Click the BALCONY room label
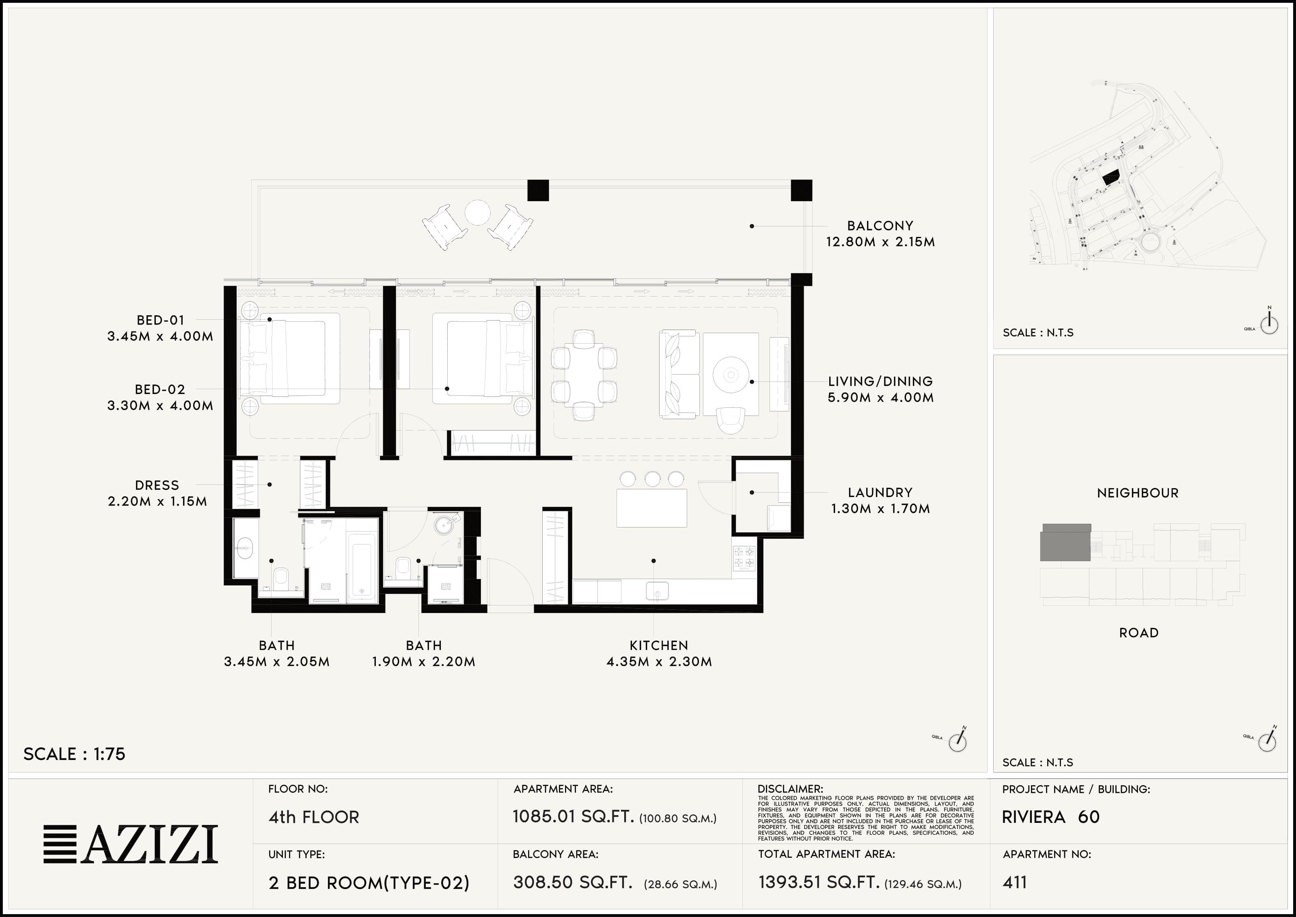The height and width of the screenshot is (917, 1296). (880, 226)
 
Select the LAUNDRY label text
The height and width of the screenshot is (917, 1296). (880, 492)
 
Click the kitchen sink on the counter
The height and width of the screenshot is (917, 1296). (657, 591)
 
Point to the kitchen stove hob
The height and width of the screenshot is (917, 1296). (744, 558)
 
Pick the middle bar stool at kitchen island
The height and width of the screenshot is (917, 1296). (652, 479)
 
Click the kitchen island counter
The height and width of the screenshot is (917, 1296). (652, 508)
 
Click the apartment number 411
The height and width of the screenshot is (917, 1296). (1015, 882)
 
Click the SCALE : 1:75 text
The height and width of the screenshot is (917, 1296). (74, 754)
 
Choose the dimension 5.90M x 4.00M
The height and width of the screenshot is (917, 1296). (880, 398)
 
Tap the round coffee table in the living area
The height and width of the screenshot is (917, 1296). (731, 374)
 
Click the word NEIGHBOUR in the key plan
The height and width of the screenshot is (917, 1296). (1138, 493)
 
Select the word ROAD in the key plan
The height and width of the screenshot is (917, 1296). (1139, 633)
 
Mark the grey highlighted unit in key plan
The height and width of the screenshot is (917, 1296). (1065, 542)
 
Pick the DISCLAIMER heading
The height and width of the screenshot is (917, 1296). (790, 789)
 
